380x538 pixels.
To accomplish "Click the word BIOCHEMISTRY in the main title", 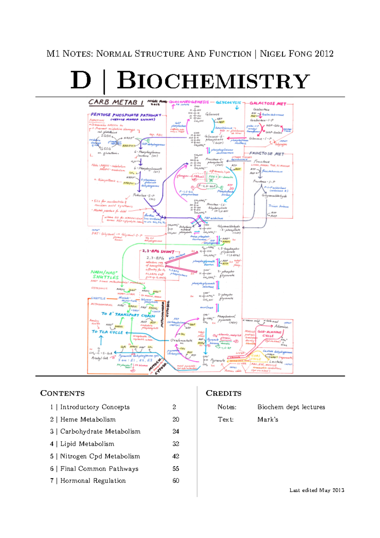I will (x=213, y=81).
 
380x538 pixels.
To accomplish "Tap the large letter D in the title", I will (x=81, y=81).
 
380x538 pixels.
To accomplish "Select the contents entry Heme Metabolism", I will (x=88, y=420).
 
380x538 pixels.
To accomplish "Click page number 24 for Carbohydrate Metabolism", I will (x=176, y=432).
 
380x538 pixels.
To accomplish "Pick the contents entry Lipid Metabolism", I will (x=87, y=444).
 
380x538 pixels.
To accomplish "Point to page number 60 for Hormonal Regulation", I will (x=176, y=481).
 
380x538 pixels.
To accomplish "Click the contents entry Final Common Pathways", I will (x=99, y=469).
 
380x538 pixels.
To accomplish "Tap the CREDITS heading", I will (x=224, y=394).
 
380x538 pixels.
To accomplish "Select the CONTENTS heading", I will (x=62, y=394).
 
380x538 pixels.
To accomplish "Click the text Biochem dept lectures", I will (x=291, y=407).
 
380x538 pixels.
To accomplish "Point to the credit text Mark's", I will (x=268, y=420).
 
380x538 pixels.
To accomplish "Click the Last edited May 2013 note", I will (x=317, y=490).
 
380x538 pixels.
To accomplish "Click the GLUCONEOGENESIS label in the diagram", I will (x=189, y=102).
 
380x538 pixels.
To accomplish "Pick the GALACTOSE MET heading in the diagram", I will (x=268, y=104).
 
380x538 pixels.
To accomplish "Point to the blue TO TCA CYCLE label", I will (x=107, y=332).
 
